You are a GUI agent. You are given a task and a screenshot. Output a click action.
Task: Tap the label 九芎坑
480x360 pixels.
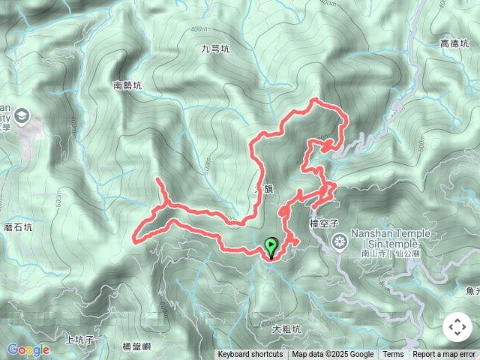[x=215, y=49]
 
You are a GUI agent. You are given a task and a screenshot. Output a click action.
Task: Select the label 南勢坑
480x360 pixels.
[x=127, y=85]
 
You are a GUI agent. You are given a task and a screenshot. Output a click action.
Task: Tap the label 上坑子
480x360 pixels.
[x=79, y=340]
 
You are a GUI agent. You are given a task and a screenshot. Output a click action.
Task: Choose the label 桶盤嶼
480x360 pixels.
[x=136, y=346]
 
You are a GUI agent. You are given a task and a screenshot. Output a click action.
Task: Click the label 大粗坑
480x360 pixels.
[x=286, y=328]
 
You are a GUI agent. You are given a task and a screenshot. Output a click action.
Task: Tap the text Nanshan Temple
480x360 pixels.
[x=390, y=233]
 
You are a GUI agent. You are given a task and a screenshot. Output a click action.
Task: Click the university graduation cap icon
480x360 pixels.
[x=20, y=116]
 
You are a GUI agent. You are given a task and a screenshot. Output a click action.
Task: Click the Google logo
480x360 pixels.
[x=28, y=349]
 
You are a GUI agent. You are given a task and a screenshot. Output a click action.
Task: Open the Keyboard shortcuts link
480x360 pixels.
[x=250, y=355]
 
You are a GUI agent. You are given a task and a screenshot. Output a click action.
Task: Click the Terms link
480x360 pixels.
[x=393, y=355]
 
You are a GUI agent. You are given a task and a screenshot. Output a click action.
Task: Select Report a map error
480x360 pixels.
[x=444, y=355]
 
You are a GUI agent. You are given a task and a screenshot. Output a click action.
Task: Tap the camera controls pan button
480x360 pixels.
[x=457, y=327]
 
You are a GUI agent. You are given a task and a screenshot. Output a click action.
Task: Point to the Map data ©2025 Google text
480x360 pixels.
[x=333, y=355]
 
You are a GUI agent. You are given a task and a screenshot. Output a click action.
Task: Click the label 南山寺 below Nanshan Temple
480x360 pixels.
[x=371, y=253]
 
